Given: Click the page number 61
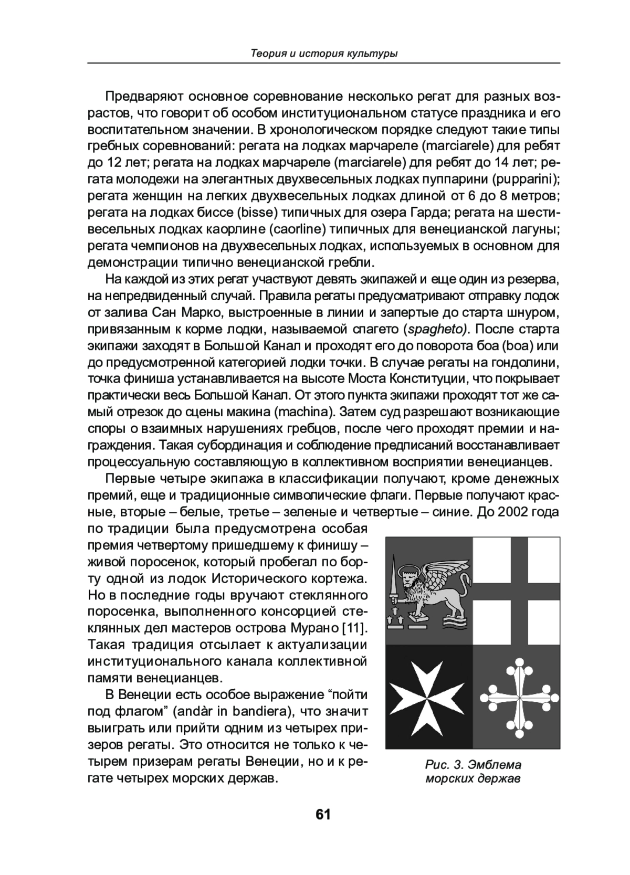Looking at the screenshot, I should pos(322,815).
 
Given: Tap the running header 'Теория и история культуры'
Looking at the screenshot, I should pos(323,54).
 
